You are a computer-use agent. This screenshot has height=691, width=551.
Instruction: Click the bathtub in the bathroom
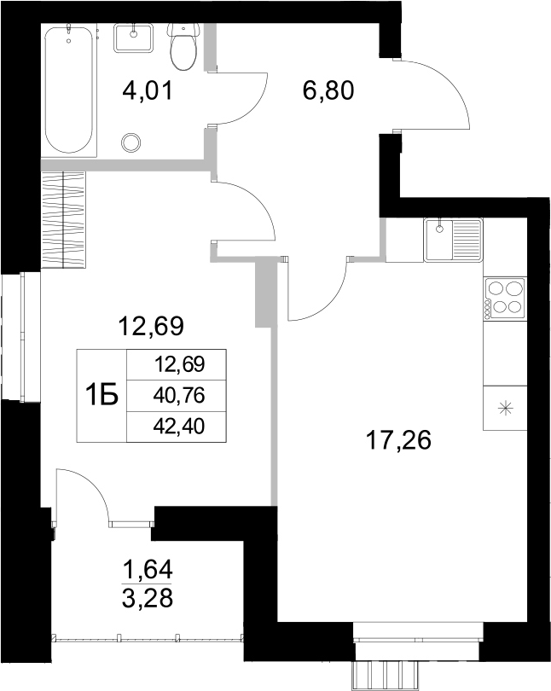[68, 90]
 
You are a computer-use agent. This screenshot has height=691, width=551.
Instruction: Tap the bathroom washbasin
[132, 39]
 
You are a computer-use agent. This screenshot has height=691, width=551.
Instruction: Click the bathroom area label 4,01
[148, 90]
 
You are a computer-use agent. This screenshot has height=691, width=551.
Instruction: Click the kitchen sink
[453, 239]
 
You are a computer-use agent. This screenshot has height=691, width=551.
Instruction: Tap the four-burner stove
[504, 299]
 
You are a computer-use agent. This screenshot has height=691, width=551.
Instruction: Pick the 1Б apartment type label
[101, 396]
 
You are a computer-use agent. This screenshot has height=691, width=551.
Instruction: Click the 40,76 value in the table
[180, 395]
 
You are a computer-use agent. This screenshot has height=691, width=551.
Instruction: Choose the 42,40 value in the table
[180, 424]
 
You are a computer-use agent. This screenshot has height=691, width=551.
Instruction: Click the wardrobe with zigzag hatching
[64, 220]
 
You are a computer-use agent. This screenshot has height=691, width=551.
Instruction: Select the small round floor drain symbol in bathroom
[131, 142]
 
